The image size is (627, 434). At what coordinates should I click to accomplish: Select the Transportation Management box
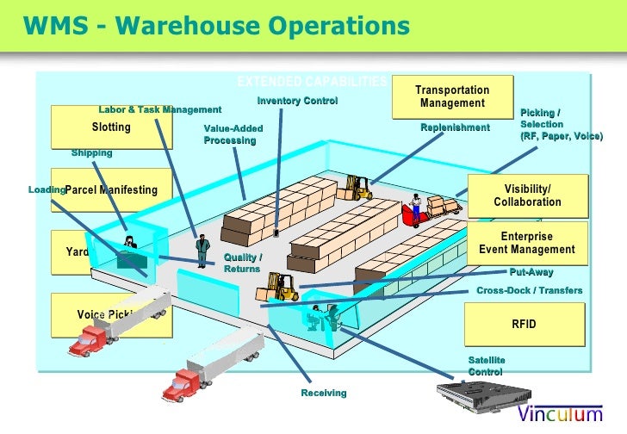coord(453,97)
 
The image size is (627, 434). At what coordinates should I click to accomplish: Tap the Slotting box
coord(111,127)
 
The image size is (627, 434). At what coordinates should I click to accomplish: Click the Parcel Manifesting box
coord(112,190)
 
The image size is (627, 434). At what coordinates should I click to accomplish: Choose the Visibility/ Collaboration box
coord(527,195)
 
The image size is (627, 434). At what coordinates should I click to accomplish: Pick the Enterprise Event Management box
coord(527,243)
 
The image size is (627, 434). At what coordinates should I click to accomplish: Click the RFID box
coord(524,325)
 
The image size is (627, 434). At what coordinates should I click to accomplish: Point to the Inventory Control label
coord(297,101)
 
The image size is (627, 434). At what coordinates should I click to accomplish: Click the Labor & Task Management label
coord(160,109)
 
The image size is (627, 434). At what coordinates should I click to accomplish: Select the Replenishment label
coord(455,127)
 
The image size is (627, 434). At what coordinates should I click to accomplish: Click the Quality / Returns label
coord(243,263)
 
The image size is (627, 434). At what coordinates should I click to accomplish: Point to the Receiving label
coord(324,393)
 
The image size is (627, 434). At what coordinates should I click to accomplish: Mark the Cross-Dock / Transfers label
coord(529,290)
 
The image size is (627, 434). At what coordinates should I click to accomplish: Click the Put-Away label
coord(531,272)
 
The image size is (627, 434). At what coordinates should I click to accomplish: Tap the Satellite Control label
coord(487,365)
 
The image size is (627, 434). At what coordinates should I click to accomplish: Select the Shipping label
coord(92,152)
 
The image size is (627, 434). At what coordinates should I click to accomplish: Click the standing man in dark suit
coord(202,250)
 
